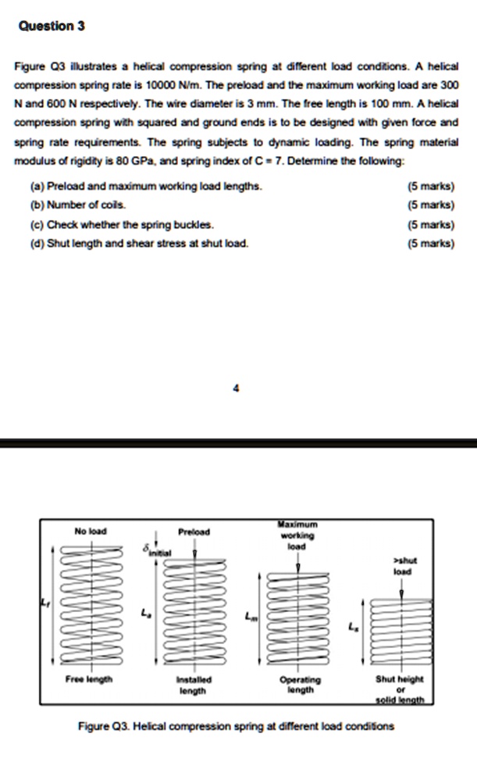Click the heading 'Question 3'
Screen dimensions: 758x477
coord(51,26)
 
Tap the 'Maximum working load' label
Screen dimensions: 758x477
coord(296,534)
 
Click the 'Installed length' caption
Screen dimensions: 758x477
coord(192,685)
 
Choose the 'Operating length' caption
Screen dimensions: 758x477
coord(299,685)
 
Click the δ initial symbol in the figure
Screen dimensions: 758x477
coord(154,549)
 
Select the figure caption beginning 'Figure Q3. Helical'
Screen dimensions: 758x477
coord(237,725)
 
